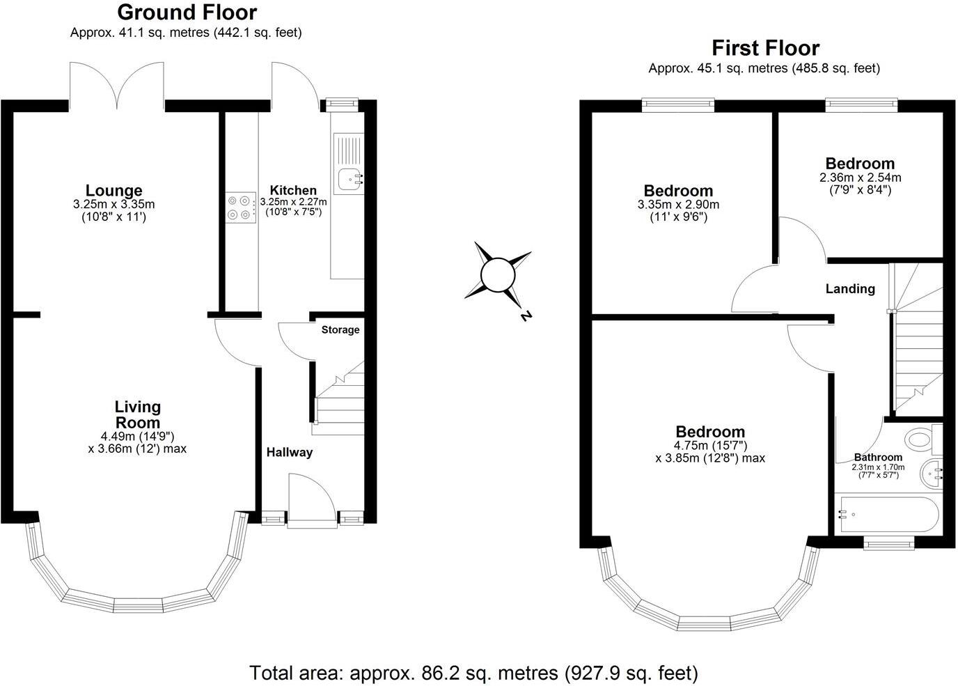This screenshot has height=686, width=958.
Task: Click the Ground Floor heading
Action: pos(187,13)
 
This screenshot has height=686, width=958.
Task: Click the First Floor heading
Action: pos(764,48)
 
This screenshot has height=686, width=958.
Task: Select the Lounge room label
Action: pos(113,190)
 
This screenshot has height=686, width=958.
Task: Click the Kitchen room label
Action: pos(293,190)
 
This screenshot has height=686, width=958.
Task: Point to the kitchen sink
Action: pos(349,180)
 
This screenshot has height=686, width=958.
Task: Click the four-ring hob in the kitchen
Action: pos(240,208)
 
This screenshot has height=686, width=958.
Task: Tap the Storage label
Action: pos(340,329)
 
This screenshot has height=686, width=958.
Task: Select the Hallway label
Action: pos(290,452)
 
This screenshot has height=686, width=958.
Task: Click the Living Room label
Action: pos(137,414)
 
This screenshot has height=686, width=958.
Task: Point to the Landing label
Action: pos(850,288)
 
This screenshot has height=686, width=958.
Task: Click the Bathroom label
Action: pos(878,458)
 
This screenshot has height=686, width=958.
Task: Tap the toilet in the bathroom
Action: pos(922,439)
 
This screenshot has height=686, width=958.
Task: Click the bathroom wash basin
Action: pos(931,475)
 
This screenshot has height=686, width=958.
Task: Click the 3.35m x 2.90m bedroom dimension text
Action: pos(678,205)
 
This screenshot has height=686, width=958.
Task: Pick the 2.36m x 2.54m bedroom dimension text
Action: pos(860,178)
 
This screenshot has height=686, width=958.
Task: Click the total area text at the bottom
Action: pos(473,673)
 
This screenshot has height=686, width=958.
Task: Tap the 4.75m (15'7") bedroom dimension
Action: pos(709,446)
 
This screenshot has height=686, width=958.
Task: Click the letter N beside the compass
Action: pos(526,315)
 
